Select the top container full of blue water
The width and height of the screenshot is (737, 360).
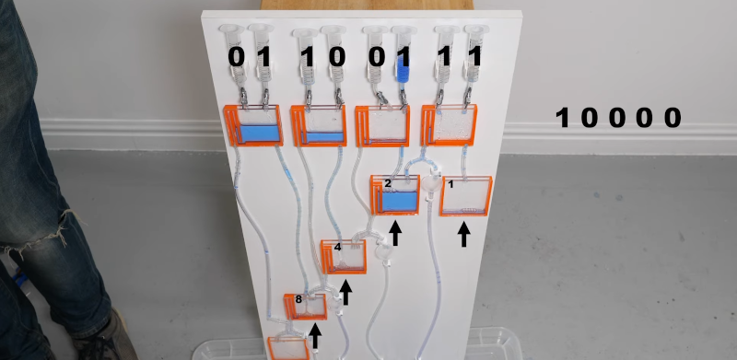[252, 126]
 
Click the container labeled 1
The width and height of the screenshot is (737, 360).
[465, 196]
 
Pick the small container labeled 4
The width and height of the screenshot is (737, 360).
[344, 257]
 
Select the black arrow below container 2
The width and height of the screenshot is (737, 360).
[395, 232]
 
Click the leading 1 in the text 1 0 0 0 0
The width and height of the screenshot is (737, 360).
[562, 118]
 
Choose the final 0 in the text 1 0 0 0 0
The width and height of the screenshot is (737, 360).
[673, 118]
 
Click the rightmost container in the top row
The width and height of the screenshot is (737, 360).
[450, 125]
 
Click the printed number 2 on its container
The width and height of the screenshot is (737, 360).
[389, 184]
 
